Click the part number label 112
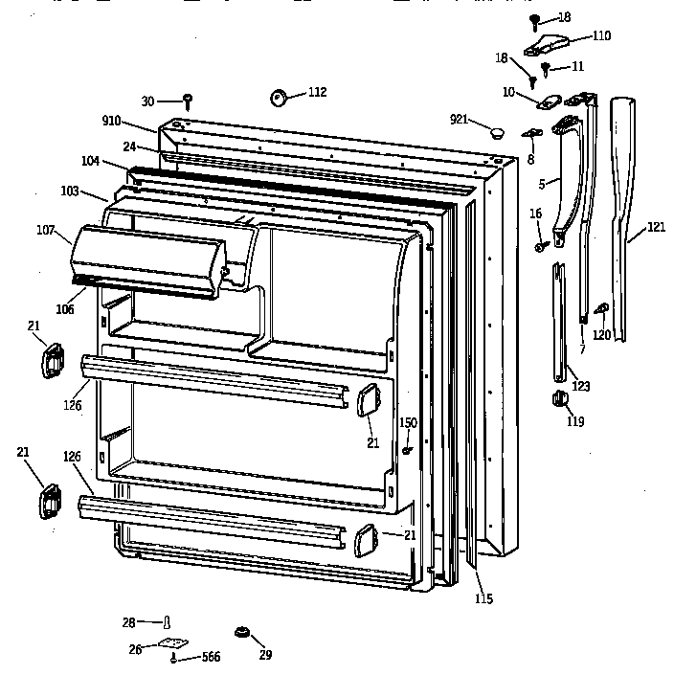(317, 92)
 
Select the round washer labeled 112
(280, 96)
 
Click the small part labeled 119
(556, 400)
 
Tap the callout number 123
(580, 386)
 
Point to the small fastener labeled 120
(602, 308)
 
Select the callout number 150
(408, 422)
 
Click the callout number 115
(483, 599)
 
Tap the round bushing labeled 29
(243, 633)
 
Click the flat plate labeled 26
(171, 645)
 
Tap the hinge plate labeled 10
(550, 101)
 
